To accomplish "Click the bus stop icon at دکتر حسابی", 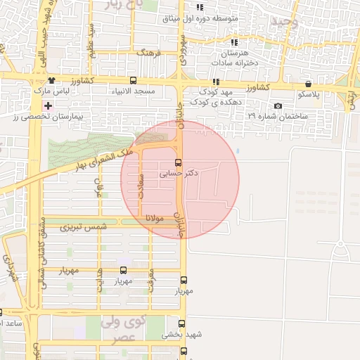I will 176,161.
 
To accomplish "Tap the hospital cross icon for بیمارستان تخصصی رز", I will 48,105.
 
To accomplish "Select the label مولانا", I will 155,219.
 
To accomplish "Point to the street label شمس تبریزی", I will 83,228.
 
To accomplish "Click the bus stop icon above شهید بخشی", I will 182,325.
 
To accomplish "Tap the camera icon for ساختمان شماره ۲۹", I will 278,106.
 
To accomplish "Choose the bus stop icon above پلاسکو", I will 309,84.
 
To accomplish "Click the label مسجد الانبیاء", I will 133,92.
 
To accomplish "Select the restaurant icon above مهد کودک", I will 215,82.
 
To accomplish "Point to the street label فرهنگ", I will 150,53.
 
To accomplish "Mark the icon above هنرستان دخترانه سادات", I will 233,43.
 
